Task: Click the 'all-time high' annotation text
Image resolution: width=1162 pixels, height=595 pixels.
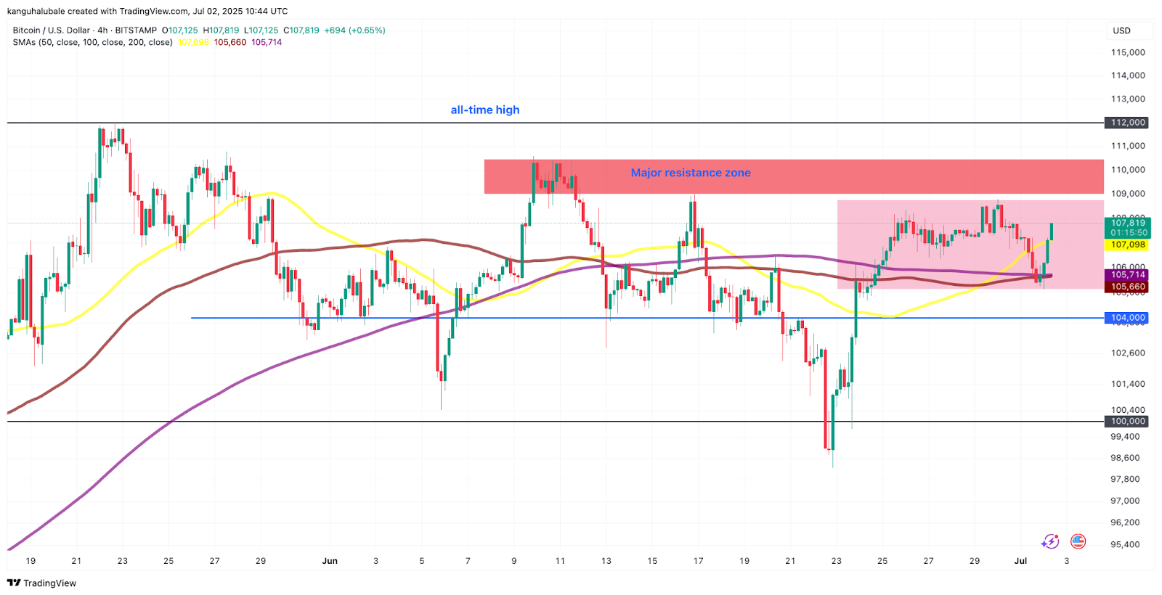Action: click(484, 110)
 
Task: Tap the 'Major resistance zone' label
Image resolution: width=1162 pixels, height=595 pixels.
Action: click(690, 173)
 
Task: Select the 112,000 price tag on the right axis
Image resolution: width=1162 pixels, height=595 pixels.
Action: click(1128, 123)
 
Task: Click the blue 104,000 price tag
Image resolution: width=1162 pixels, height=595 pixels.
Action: click(1128, 318)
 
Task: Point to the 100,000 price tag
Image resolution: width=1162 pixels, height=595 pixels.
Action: click(1128, 422)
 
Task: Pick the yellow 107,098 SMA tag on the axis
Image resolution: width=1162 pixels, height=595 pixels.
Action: click(1128, 245)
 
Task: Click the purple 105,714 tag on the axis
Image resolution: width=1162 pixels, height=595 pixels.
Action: click(1128, 274)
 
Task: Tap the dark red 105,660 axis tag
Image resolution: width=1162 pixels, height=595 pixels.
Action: click(1128, 287)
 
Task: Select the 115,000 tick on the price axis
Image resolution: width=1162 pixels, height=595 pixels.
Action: click(1128, 52)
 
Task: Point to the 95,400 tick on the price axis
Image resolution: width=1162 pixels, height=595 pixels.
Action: click(1125, 544)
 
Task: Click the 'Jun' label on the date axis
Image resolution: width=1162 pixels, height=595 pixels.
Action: click(330, 561)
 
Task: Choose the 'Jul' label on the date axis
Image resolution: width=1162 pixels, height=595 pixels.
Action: click(1020, 561)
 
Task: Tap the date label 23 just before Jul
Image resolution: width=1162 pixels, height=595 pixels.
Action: click(837, 561)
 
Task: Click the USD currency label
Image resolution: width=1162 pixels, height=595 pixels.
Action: click(1122, 30)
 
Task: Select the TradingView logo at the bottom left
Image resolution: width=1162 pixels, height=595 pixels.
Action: click(41, 583)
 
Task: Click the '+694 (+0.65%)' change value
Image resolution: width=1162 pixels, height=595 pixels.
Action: click(354, 30)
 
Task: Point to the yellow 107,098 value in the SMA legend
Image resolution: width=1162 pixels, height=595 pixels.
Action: click(193, 42)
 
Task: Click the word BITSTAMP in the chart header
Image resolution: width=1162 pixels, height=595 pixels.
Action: click(136, 30)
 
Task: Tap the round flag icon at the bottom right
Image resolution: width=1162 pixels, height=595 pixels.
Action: click(1078, 541)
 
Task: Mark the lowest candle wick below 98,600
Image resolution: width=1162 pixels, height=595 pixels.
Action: click(833, 464)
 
